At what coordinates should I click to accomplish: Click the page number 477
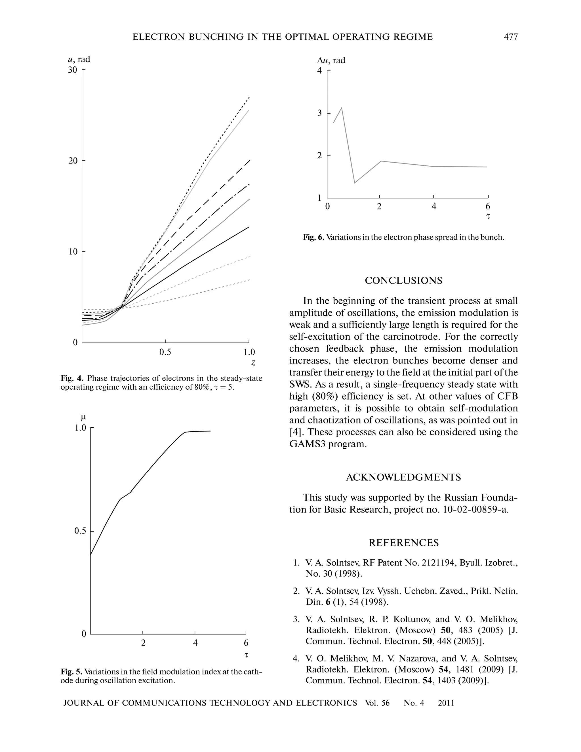pyautogui.click(x=511, y=37)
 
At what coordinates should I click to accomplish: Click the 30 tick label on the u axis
pyautogui.click(x=73, y=70)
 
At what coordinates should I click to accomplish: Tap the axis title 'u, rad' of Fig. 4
pyautogui.click(x=79, y=59)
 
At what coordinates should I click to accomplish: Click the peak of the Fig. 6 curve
pyautogui.click(x=342, y=108)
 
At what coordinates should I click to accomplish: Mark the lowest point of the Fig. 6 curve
pyautogui.click(x=355, y=183)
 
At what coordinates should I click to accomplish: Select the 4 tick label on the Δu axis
pyautogui.click(x=319, y=71)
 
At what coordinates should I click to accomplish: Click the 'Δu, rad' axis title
pyautogui.click(x=331, y=61)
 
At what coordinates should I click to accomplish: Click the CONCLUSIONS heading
pyautogui.click(x=403, y=281)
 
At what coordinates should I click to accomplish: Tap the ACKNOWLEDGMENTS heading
pyautogui.click(x=403, y=477)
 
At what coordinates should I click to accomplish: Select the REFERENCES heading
pyautogui.click(x=403, y=543)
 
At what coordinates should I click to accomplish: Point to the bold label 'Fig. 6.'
pyautogui.click(x=313, y=237)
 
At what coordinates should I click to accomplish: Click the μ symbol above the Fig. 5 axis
pyautogui.click(x=83, y=417)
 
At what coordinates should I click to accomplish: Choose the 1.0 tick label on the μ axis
pyautogui.click(x=80, y=428)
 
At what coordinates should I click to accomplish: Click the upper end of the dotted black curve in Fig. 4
pyautogui.click(x=249, y=97)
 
